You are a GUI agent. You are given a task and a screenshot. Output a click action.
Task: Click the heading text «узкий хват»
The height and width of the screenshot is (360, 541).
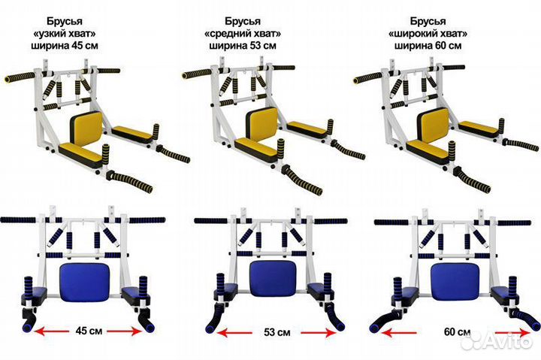click(x=65, y=34)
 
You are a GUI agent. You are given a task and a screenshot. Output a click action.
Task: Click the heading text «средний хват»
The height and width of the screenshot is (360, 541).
click(x=243, y=34)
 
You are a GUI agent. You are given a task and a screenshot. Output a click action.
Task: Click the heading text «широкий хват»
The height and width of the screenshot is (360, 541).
click(x=428, y=34)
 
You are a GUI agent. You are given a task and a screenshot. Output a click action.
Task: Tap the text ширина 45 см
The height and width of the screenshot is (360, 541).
click(x=65, y=46)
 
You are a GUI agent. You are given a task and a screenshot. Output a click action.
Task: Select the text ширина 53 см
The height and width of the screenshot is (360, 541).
click(x=243, y=46)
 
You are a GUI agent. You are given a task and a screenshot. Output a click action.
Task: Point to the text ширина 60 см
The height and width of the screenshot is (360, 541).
click(x=428, y=46)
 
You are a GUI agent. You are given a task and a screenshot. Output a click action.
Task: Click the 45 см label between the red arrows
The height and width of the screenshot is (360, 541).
click(x=89, y=331)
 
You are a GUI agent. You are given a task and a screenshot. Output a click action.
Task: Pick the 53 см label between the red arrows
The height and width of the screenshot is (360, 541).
click(x=277, y=332)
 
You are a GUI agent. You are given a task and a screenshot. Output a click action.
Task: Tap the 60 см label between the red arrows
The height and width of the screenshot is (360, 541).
click(x=457, y=332)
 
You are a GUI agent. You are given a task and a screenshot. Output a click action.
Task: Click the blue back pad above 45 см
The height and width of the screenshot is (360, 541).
click(x=84, y=282)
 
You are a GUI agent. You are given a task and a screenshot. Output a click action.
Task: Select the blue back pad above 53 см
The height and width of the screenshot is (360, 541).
click(x=274, y=279)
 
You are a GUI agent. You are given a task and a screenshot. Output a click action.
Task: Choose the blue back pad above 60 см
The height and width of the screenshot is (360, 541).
click(x=455, y=281)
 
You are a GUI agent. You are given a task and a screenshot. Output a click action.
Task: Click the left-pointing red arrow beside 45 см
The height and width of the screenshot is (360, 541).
click(x=51, y=331)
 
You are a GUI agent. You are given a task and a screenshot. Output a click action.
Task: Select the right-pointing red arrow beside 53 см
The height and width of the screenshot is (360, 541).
click(x=319, y=333)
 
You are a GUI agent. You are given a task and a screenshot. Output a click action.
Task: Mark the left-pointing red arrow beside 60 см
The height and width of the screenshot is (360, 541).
click(x=399, y=333)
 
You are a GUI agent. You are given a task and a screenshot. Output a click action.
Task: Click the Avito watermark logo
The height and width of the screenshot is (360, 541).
click(x=497, y=341)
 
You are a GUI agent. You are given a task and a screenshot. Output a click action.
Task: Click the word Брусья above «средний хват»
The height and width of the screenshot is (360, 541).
click(x=243, y=21)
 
